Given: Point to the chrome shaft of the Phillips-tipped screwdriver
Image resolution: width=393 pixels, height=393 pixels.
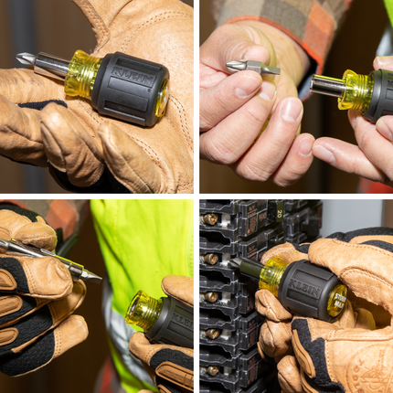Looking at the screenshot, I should tap(51, 65).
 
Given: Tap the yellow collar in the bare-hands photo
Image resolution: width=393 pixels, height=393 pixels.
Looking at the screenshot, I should tap(355, 90).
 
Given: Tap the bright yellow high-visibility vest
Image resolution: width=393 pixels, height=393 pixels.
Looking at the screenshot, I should tap(137, 247).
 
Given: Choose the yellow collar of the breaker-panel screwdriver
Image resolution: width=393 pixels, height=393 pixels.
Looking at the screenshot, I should tap(272, 275).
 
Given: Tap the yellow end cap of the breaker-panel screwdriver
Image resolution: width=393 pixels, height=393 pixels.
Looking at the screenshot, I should tap(335, 301).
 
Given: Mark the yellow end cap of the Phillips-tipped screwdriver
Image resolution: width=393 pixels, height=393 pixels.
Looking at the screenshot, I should tap(161, 100).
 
